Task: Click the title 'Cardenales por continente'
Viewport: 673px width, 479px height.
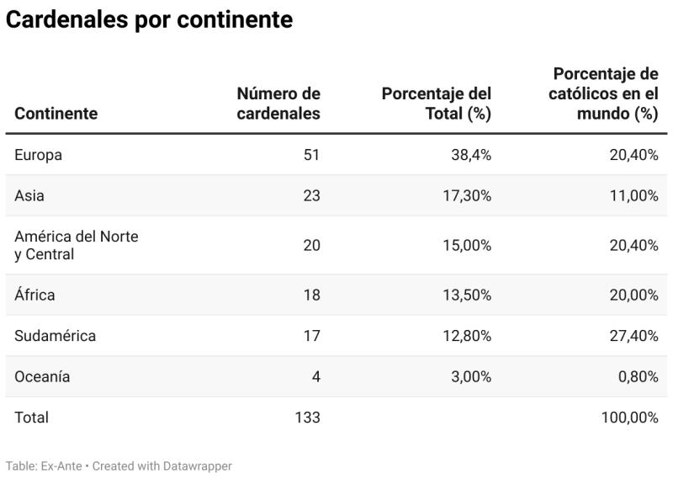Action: (x=149, y=20)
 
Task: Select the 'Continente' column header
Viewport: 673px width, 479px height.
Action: (x=56, y=114)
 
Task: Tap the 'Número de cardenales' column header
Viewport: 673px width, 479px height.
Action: (x=278, y=104)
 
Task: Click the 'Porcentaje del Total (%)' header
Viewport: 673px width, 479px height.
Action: (x=437, y=104)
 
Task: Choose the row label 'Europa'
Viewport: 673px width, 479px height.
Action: (x=39, y=155)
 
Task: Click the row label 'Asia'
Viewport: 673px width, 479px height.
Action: (x=29, y=195)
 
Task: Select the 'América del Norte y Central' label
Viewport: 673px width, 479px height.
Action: (x=76, y=245)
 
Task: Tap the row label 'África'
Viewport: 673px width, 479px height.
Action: (x=34, y=295)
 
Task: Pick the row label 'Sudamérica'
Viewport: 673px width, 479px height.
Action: (x=56, y=336)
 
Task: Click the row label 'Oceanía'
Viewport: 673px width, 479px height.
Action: (x=42, y=376)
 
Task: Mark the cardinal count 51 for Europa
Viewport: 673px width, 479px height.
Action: (x=311, y=155)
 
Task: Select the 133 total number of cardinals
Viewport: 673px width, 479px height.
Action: (x=307, y=418)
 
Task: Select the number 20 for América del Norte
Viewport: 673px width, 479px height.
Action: (x=311, y=245)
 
